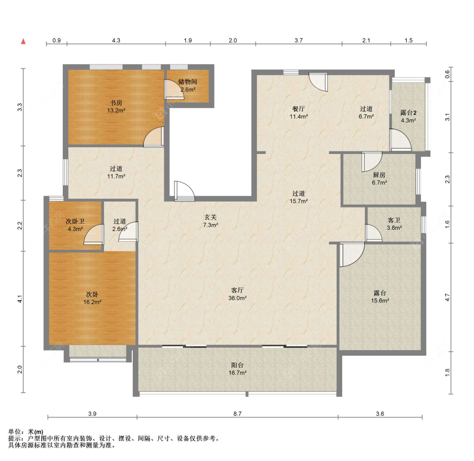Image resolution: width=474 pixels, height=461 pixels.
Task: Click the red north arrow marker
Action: coord(23,41)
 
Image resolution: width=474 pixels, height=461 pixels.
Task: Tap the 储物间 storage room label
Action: coord(187,82)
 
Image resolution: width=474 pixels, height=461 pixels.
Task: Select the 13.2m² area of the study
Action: coord(116,111)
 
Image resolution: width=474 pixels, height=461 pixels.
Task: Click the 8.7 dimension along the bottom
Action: coord(237,413)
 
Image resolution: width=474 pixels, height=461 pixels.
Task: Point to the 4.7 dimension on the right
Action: coord(447,297)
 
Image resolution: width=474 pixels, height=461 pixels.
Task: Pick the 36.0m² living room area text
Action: coord(237,298)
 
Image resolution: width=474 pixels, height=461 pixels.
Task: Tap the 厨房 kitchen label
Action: coord(379,175)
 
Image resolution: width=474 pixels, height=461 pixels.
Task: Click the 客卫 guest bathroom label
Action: coord(394,220)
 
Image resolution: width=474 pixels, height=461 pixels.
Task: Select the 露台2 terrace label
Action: coord(408,113)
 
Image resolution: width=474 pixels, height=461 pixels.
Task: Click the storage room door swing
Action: coord(174,89)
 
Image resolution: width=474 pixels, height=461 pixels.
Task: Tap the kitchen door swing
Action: coord(372,162)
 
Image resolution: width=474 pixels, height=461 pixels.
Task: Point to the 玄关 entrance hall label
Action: coord(210,217)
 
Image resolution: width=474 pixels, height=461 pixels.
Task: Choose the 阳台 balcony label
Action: coord(237,365)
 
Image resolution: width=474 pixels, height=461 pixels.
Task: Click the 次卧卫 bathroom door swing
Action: coord(94,234)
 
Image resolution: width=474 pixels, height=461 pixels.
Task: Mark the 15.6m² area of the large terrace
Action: coord(380,301)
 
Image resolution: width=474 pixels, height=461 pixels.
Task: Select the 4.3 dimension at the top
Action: coord(116,40)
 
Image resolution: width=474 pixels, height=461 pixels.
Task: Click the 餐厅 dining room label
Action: coord(298,109)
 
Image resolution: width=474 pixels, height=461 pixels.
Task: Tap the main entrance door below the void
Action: coord(185,191)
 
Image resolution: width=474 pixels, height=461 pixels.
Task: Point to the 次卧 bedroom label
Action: coord(92,294)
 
